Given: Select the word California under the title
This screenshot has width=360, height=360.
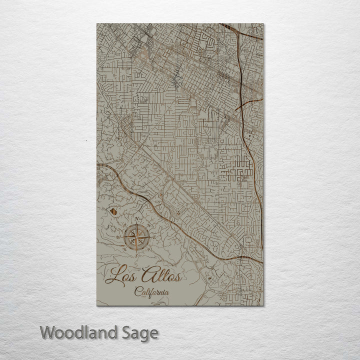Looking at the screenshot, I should (151, 292).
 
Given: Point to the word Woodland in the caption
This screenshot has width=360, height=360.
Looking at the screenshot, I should (78, 332).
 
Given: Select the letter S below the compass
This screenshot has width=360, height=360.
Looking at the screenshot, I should (136, 254).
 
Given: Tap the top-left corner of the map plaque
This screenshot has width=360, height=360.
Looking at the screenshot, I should (97, 23).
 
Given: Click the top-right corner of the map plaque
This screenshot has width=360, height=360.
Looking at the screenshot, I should (263, 23).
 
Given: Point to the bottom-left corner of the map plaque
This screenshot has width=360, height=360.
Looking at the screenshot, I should (97, 305).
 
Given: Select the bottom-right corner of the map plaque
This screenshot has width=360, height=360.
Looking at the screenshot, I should (263, 305).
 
